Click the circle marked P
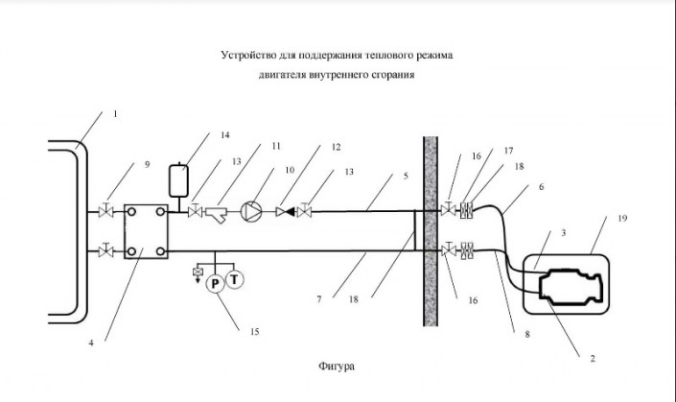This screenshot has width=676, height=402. pyautogui.click(x=216, y=281)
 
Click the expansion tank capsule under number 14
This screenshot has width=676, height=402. pyautogui.click(x=177, y=179)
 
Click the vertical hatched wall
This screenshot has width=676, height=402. pyautogui.click(x=431, y=231)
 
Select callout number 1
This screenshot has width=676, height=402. pyautogui.click(x=114, y=113)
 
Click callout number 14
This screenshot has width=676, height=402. pyautogui.click(x=224, y=135)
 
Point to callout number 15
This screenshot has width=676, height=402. pyautogui.click(x=254, y=332)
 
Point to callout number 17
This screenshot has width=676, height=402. pyautogui.click(x=509, y=151)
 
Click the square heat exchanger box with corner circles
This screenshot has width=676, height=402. pyautogui.click(x=144, y=230)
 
